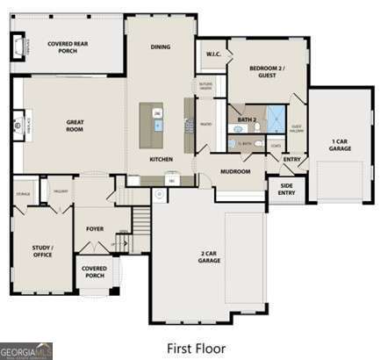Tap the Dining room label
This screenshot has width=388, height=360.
pyautogui.click(x=161, y=47)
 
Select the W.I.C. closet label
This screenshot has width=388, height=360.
pyautogui.click(x=213, y=54)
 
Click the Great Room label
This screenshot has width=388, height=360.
pyautogui.click(x=74, y=126)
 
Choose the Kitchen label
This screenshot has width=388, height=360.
pyautogui.click(x=161, y=159)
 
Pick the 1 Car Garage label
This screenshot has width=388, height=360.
pyautogui.click(x=341, y=145)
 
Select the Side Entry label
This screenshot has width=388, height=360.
pyautogui.click(x=286, y=189)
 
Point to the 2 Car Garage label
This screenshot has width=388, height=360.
pyautogui.click(x=209, y=257)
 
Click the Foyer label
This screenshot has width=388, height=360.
pyautogui.click(x=94, y=228)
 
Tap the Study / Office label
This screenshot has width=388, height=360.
pyautogui.click(x=42, y=251)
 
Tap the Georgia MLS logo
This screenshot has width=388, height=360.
pyautogui.click(x=26, y=349)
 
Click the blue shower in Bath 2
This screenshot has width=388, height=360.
pyautogui.click(x=277, y=118)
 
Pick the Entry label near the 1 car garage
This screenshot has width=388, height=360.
pyautogui.click(x=292, y=159)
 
